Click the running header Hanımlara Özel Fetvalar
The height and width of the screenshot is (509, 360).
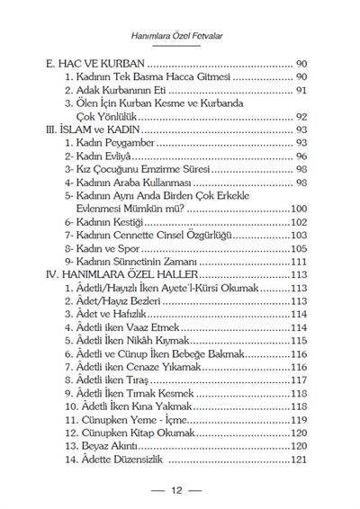[180, 35]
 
